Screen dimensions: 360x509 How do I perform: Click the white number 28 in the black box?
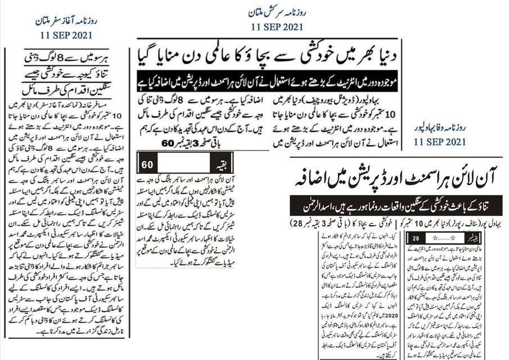pyautogui.click(x=417, y=239)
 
